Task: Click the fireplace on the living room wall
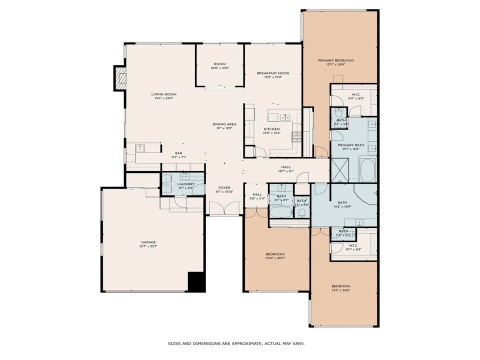tap(120, 78)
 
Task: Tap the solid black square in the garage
tap(196, 282)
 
